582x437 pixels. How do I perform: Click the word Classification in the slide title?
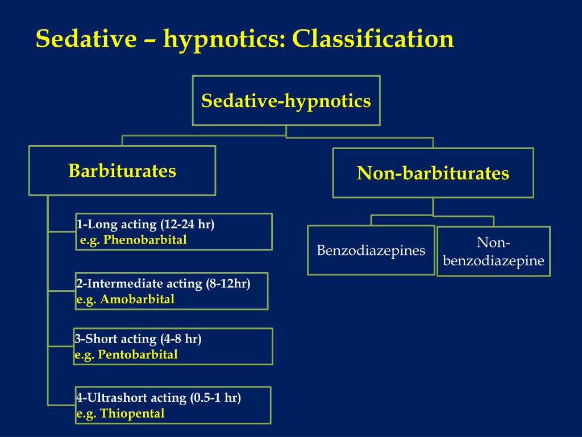tap(373, 39)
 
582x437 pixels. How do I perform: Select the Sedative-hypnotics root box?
tap(286, 101)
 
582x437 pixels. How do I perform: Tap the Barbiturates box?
tap(122, 171)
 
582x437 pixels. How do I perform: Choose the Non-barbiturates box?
tap(433, 173)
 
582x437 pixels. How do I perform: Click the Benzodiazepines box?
tap(371, 250)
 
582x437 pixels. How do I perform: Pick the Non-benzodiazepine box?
tap(493, 252)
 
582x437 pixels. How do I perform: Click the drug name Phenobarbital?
tap(145, 240)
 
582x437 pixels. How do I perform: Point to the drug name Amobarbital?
tap(138, 299)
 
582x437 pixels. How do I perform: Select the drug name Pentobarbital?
tap(138, 354)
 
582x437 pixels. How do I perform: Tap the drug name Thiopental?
tap(132, 413)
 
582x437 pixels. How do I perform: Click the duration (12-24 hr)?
tap(188, 224)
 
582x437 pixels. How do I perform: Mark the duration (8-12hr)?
tap(229, 283)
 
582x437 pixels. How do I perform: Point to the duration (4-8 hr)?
tap(181, 339)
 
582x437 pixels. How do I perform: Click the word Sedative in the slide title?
tap(86, 39)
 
